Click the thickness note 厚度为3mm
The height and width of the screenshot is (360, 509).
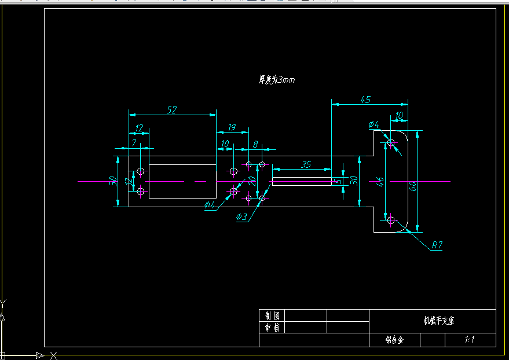click(277, 80)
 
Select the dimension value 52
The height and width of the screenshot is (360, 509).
click(171, 109)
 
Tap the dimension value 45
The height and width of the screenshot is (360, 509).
click(365, 100)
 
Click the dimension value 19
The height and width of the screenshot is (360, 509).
click(231, 127)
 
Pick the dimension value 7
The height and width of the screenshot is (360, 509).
click(134, 142)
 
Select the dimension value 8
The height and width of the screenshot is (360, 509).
click(255, 144)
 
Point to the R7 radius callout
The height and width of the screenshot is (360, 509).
click(437, 245)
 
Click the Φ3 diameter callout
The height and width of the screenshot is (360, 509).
click(241, 217)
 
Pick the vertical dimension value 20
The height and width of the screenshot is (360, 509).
click(252, 180)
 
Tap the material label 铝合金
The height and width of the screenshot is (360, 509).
click(394, 340)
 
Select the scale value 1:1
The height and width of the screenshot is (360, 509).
click(470, 340)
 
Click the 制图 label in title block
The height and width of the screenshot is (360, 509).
click(272, 315)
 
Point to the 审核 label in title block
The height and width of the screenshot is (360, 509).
click(272, 328)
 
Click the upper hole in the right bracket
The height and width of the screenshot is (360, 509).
click(391, 142)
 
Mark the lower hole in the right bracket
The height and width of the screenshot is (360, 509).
click(391, 219)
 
